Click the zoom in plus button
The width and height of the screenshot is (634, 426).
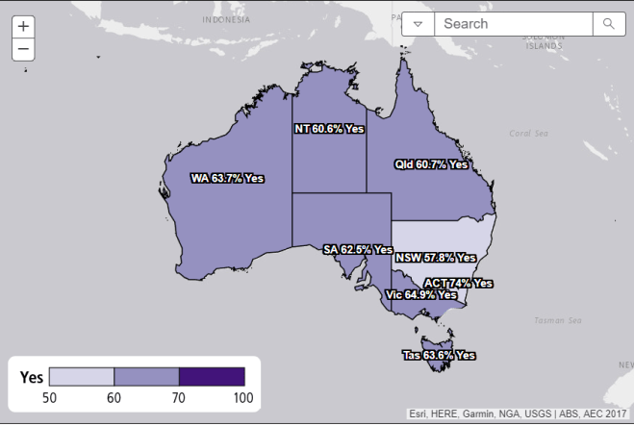coord(23,27)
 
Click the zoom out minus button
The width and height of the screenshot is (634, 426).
coord(23,49)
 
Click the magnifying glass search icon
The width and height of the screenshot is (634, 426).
coord(608,24)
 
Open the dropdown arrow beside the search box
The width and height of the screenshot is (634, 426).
coord(418,24)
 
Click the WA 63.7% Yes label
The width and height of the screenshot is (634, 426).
coord(227,178)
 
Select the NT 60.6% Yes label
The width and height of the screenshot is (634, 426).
coord(329,128)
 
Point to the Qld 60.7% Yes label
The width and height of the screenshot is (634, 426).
coord(431,164)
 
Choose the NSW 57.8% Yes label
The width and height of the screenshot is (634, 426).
coord(436,258)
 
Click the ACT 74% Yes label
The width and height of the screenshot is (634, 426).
coord(458,283)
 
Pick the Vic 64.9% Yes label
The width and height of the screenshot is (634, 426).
coord(419,294)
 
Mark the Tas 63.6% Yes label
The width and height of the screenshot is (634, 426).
coord(439,355)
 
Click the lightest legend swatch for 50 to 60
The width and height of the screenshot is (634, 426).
coord(82,376)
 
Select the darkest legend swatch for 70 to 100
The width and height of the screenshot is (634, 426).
coord(212,376)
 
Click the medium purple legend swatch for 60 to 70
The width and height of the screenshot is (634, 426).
coord(146,376)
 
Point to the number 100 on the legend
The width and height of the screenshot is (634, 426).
coord(242,397)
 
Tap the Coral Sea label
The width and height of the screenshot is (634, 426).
coord(527,134)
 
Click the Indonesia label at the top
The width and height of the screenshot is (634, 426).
coord(227,18)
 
